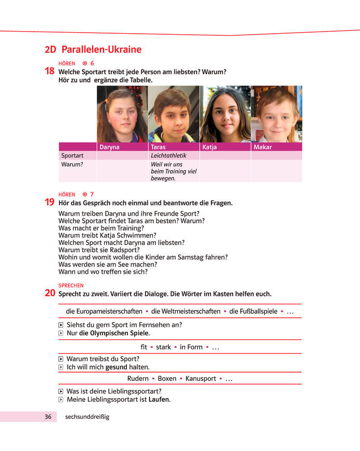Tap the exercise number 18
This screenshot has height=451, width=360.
(51, 72)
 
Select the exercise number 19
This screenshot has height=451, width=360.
(51, 203)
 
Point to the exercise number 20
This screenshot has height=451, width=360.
(51, 293)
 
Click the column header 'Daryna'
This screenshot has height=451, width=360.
(109, 147)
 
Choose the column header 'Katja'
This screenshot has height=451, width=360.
(210, 147)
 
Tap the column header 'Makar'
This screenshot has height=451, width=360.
(262, 147)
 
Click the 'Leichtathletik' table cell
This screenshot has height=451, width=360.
(168, 156)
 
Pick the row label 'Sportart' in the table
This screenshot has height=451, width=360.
(72, 156)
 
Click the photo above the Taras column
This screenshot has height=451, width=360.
(174, 114)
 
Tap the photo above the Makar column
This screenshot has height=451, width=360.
(276, 114)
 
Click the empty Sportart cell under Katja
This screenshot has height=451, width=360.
(225, 156)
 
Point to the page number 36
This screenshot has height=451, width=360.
(48, 417)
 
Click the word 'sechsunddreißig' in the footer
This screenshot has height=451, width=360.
(87, 417)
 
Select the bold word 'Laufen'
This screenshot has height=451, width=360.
(159, 400)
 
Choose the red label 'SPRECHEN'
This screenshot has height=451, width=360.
(71, 286)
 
